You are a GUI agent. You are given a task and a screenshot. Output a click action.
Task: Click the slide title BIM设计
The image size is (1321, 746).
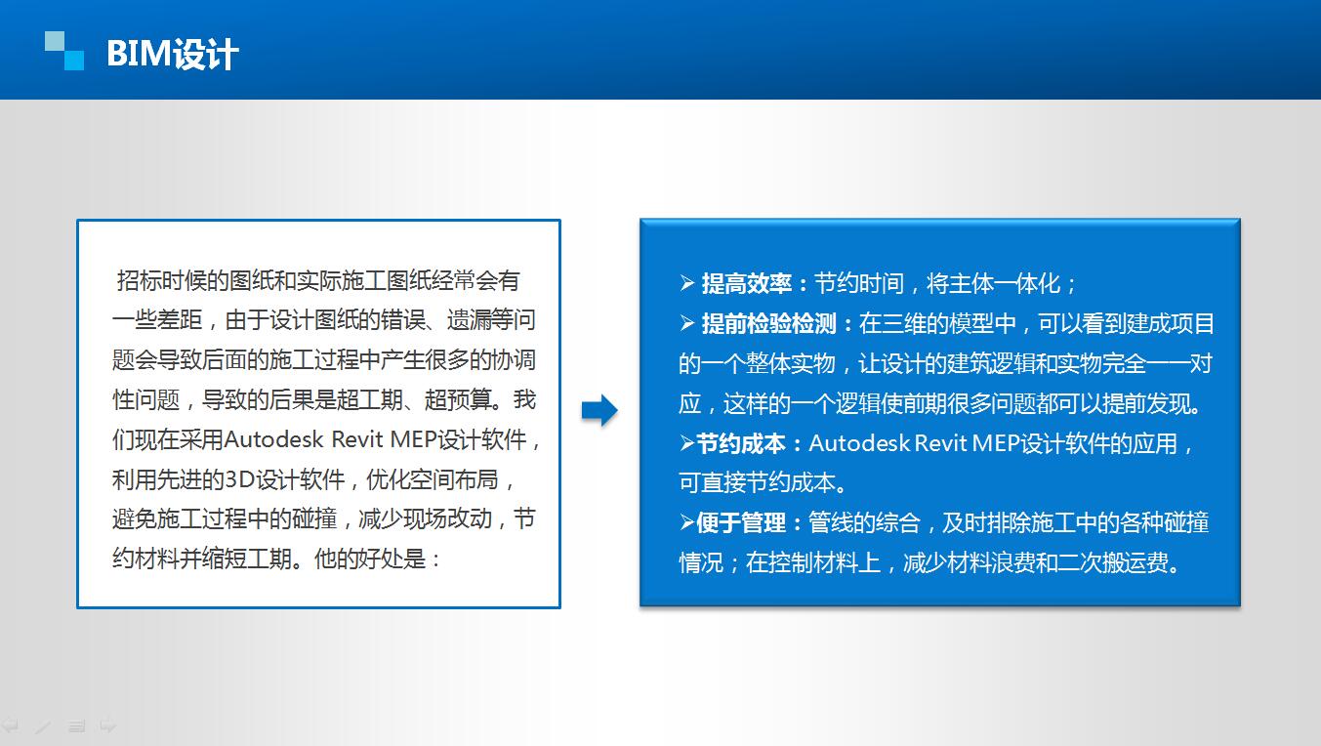[x=172, y=54]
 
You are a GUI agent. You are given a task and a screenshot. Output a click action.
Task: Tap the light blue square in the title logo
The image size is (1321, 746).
[x=55, y=42]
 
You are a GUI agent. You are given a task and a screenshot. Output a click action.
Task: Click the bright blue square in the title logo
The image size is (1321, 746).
[x=74, y=61]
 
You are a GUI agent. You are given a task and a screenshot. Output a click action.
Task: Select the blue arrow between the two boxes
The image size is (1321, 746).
[x=599, y=410]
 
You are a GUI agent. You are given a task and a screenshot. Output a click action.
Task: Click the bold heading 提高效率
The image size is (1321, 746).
[x=746, y=284]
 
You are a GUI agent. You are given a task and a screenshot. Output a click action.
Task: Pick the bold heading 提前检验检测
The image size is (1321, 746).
[x=768, y=324]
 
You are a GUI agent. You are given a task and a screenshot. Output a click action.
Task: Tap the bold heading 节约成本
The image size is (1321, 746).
[x=741, y=443]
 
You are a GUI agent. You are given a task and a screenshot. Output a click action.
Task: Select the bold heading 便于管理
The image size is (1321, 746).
[x=741, y=522]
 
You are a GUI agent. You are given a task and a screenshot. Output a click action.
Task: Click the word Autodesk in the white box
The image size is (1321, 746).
[x=273, y=440]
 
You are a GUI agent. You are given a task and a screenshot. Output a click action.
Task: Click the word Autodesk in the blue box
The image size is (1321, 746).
[x=859, y=443]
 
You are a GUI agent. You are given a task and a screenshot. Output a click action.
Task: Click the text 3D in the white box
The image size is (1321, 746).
[x=239, y=480]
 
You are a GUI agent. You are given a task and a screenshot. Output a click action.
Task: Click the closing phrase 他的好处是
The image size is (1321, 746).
[x=370, y=559]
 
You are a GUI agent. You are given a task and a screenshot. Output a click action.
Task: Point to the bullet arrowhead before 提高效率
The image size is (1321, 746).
[x=687, y=283]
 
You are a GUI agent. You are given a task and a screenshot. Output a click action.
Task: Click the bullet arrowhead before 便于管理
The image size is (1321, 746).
[x=687, y=521]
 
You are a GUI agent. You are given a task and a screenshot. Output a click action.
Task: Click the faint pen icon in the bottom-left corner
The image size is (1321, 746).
[x=42, y=726]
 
